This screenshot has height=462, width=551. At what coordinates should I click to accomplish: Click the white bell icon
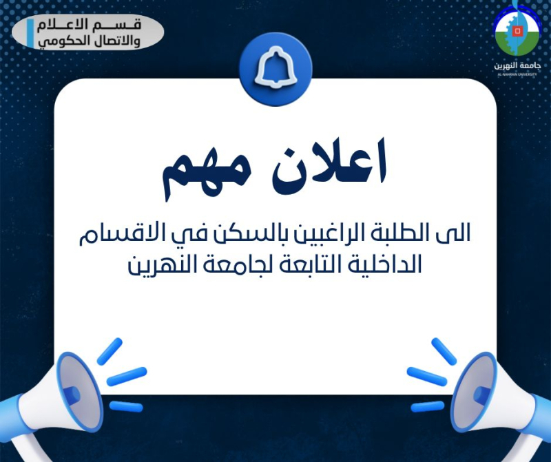click(x=275, y=69)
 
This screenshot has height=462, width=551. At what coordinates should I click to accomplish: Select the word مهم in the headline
click(x=207, y=175)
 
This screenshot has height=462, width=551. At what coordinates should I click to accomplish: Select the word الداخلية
click(x=382, y=264)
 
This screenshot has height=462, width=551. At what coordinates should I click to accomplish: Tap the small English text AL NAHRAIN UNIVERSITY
click(x=517, y=74)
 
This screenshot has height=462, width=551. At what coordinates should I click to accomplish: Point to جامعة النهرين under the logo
click(x=517, y=65)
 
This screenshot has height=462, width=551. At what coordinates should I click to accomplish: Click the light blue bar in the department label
click(x=31, y=32)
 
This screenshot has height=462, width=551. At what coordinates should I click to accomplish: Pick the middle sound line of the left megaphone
click(x=127, y=375)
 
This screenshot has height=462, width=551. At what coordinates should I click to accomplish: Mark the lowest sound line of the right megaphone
click(x=427, y=406)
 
